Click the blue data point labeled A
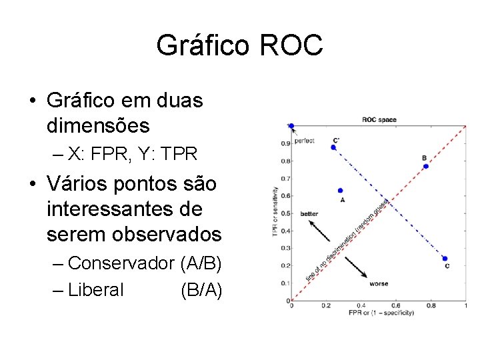(341, 191)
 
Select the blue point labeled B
(425, 166)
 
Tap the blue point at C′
(333, 147)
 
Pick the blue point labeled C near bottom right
(445, 259)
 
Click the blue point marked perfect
(291, 125)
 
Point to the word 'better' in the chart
(309, 214)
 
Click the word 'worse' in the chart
(379, 284)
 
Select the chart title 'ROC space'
(379, 120)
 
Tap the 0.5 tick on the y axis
(285, 213)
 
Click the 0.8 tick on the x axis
(431, 306)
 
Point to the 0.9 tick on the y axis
(285, 143)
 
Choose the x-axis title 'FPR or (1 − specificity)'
(381, 313)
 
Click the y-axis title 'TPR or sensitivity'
(275, 210)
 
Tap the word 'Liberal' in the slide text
(95, 290)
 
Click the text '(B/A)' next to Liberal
(201, 290)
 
